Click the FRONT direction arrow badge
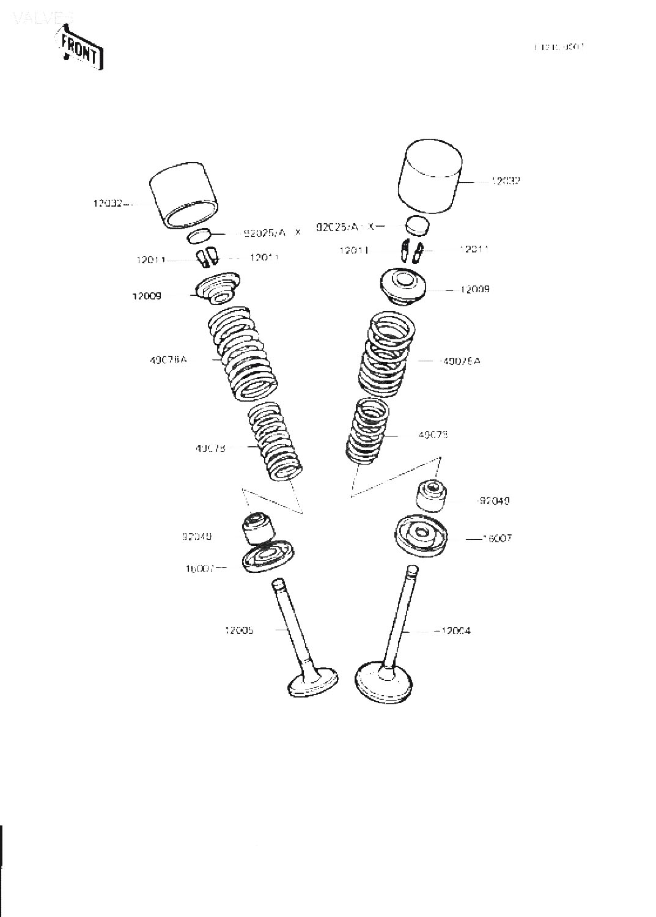(80, 48)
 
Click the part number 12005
(239, 630)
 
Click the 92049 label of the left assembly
(197, 537)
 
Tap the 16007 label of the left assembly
(200, 568)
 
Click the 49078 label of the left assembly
(210, 448)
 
